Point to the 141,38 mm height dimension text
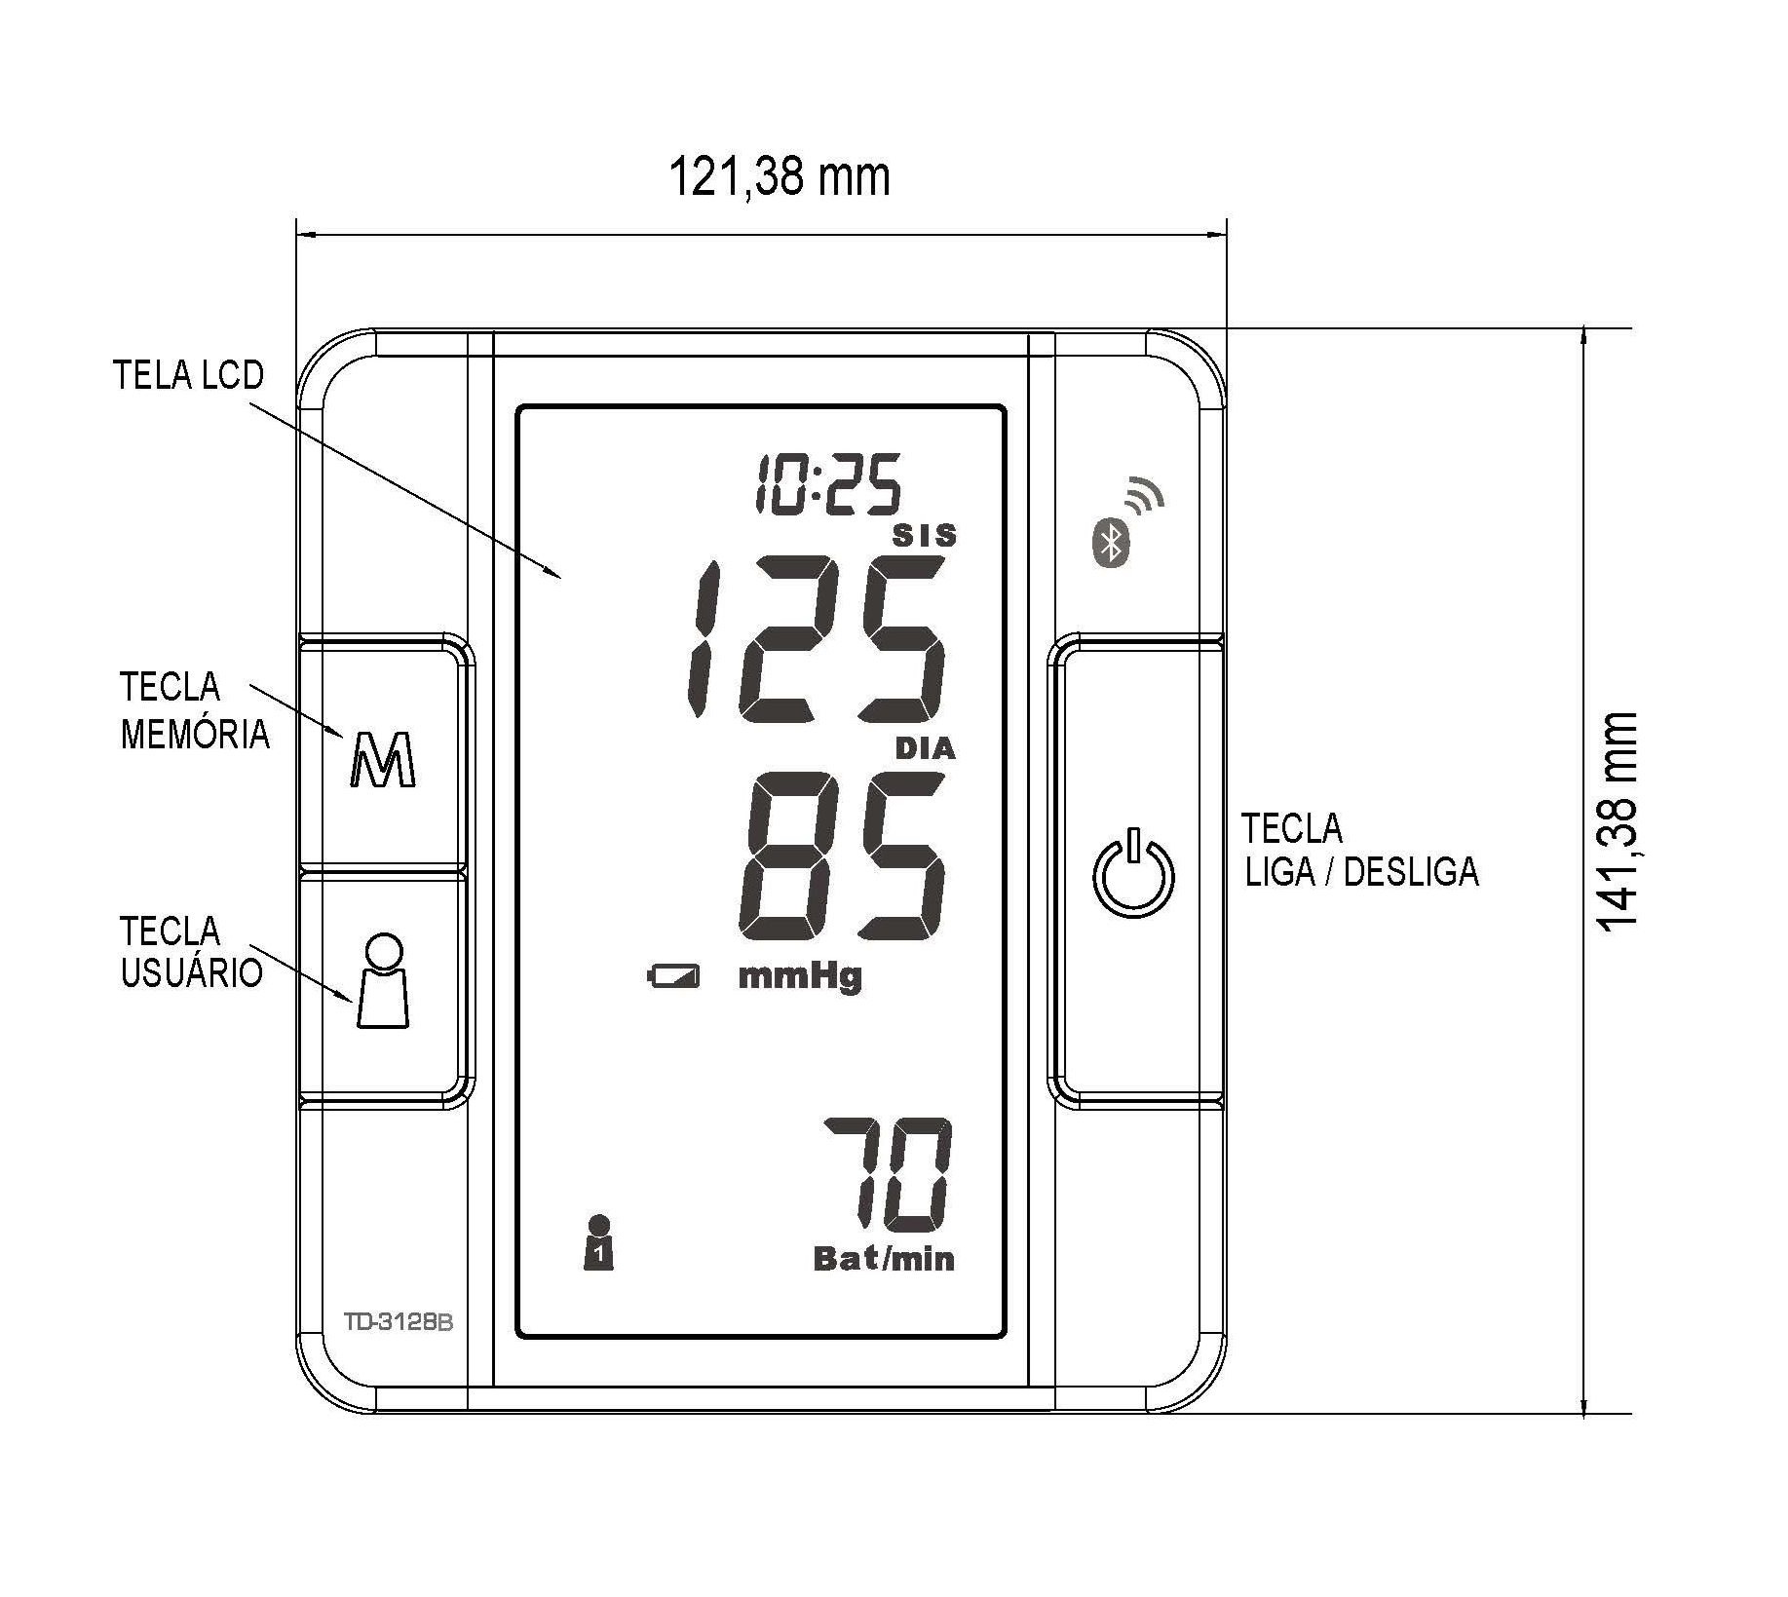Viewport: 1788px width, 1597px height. tap(1617, 821)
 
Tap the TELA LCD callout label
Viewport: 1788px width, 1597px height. tap(189, 375)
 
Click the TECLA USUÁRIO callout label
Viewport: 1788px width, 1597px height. tap(191, 952)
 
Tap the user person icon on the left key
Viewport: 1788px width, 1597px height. tap(383, 980)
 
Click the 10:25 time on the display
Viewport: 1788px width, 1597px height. tap(828, 483)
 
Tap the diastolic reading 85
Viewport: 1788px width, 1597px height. tap(842, 855)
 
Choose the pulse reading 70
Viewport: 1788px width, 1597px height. tap(888, 1173)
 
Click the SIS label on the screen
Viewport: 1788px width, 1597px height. tap(925, 535)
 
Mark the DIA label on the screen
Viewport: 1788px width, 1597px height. tap(925, 748)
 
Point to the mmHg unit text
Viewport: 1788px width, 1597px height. tap(800, 975)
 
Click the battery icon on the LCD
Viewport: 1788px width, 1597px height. tap(673, 975)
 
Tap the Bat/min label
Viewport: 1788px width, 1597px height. tap(884, 1259)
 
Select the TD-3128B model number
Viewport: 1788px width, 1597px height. tap(399, 1323)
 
